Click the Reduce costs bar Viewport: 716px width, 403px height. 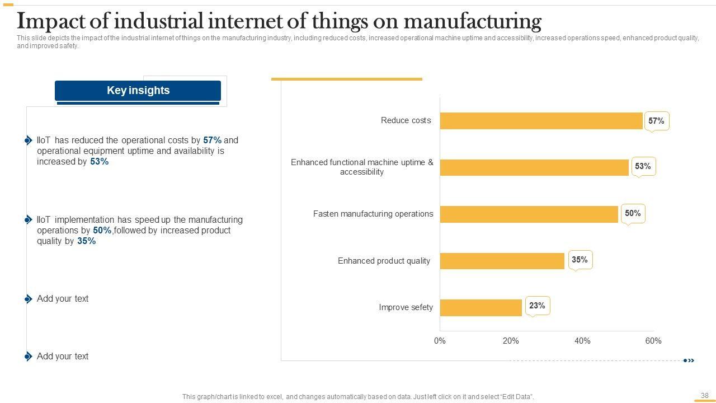coord(541,121)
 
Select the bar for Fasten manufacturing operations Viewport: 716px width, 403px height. coord(529,214)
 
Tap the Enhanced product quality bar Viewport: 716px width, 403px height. coord(502,261)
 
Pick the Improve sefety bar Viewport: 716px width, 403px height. coord(481,307)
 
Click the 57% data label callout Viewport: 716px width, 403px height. coord(656,121)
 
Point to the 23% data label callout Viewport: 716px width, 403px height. coord(537,306)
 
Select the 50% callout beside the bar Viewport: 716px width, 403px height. coord(633,213)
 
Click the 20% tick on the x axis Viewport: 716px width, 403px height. coord(511,341)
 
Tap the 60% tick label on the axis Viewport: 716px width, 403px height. coord(653,341)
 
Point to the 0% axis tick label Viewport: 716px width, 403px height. coord(440,341)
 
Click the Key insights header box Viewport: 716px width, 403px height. coord(138,91)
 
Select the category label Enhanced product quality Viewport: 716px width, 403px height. coord(384,261)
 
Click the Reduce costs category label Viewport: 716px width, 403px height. coord(406,120)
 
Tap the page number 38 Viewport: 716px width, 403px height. coord(704,395)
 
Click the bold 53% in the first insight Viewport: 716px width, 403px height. coord(99,162)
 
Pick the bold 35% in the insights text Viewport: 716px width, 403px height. coord(87,241)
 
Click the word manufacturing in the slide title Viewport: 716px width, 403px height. coord(472,21)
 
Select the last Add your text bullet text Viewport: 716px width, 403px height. coord(63,357)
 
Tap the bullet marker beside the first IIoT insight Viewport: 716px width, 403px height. coord(29,140)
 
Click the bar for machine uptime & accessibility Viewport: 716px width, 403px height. coord(534,167)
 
